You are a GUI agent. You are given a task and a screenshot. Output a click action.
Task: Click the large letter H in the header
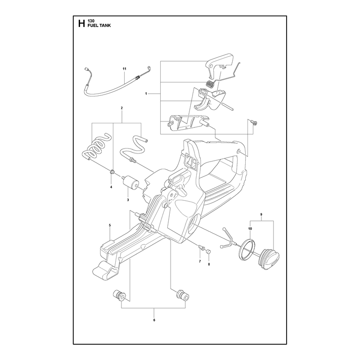point(81,23)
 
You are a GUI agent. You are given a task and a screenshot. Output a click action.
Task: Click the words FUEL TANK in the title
point(99,26)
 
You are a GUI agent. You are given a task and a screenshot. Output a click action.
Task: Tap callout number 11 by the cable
point(125,69)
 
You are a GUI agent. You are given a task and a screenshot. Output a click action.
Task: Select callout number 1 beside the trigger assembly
point(146,94)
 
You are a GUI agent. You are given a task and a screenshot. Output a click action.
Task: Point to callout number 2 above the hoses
point(121,108)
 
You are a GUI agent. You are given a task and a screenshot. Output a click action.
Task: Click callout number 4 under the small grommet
point(111,187)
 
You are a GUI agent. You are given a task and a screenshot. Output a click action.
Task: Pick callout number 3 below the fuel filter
point(128,200)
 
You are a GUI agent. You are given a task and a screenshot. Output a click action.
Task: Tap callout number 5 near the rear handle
point(110,225)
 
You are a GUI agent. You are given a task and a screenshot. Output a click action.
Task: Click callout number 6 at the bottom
point(154,320)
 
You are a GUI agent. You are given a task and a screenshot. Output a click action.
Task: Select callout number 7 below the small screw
point(200,261)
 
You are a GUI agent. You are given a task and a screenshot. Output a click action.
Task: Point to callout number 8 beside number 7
point(209,264)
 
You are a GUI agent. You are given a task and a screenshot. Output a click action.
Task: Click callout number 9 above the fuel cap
point(261,215)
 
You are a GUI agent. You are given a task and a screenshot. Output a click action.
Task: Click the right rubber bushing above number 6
point(183,295)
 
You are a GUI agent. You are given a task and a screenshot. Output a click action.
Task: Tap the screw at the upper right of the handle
point(254,122)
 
